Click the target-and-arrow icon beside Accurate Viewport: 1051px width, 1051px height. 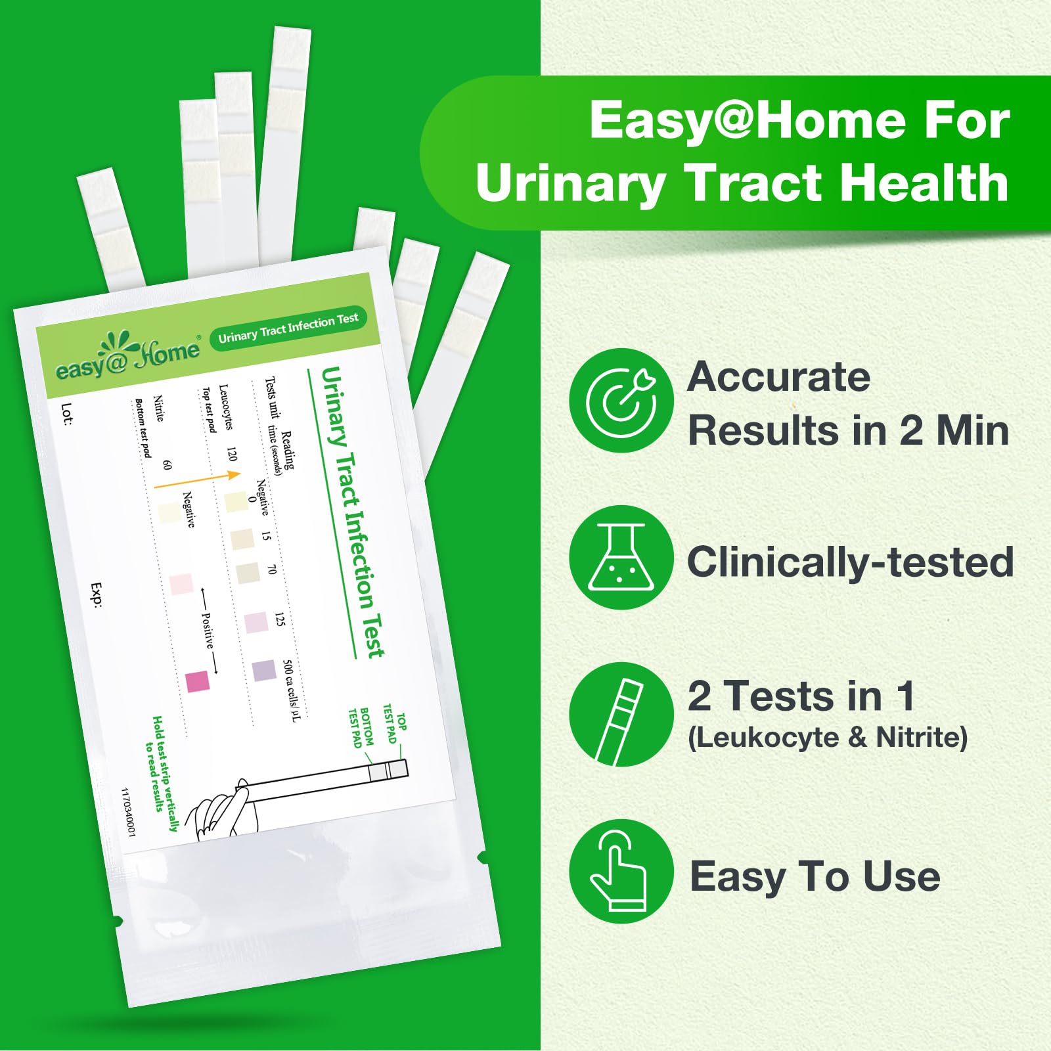pyautogui.click(x=621, y=400)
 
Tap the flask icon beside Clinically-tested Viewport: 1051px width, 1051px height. pyautogui.click(x=621, y=557)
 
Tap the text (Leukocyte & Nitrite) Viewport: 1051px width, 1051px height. pyautogui.click(x=828, y=737)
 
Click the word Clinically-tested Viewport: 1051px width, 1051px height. pyautogui.click(x=850, y=562)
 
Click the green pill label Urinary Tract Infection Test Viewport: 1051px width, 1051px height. pyautogui.click(x=288, y=328)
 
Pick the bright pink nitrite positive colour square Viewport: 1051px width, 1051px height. pyautogui.click(x=197, y=681)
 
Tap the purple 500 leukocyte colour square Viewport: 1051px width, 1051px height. pyautogui.click(x=263, y=671)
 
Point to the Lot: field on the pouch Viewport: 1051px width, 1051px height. pyautogui.click(x=66, y=414)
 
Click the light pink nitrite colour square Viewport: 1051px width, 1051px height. pyautogui.click(x=181, y=584)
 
